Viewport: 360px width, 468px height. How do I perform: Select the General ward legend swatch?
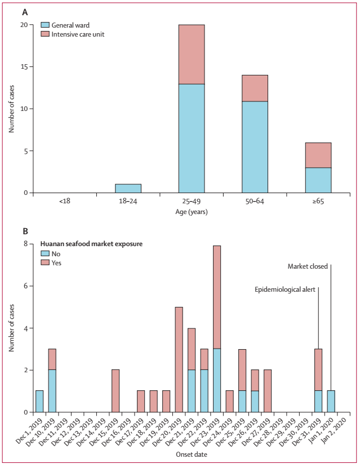45,25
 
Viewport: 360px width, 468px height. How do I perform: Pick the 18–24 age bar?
128,188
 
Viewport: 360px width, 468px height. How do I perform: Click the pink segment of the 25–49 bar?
191,54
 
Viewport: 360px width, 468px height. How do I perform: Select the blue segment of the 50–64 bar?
255,147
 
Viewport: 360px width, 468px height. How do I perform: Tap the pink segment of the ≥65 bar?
318,155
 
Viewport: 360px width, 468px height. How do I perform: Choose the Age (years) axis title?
192,213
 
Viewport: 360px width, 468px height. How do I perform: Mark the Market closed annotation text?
307,266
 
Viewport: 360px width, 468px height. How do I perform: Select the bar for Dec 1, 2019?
39,401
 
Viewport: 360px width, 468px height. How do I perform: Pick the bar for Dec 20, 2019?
179,359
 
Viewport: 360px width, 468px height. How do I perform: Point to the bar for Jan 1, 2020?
331,401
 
